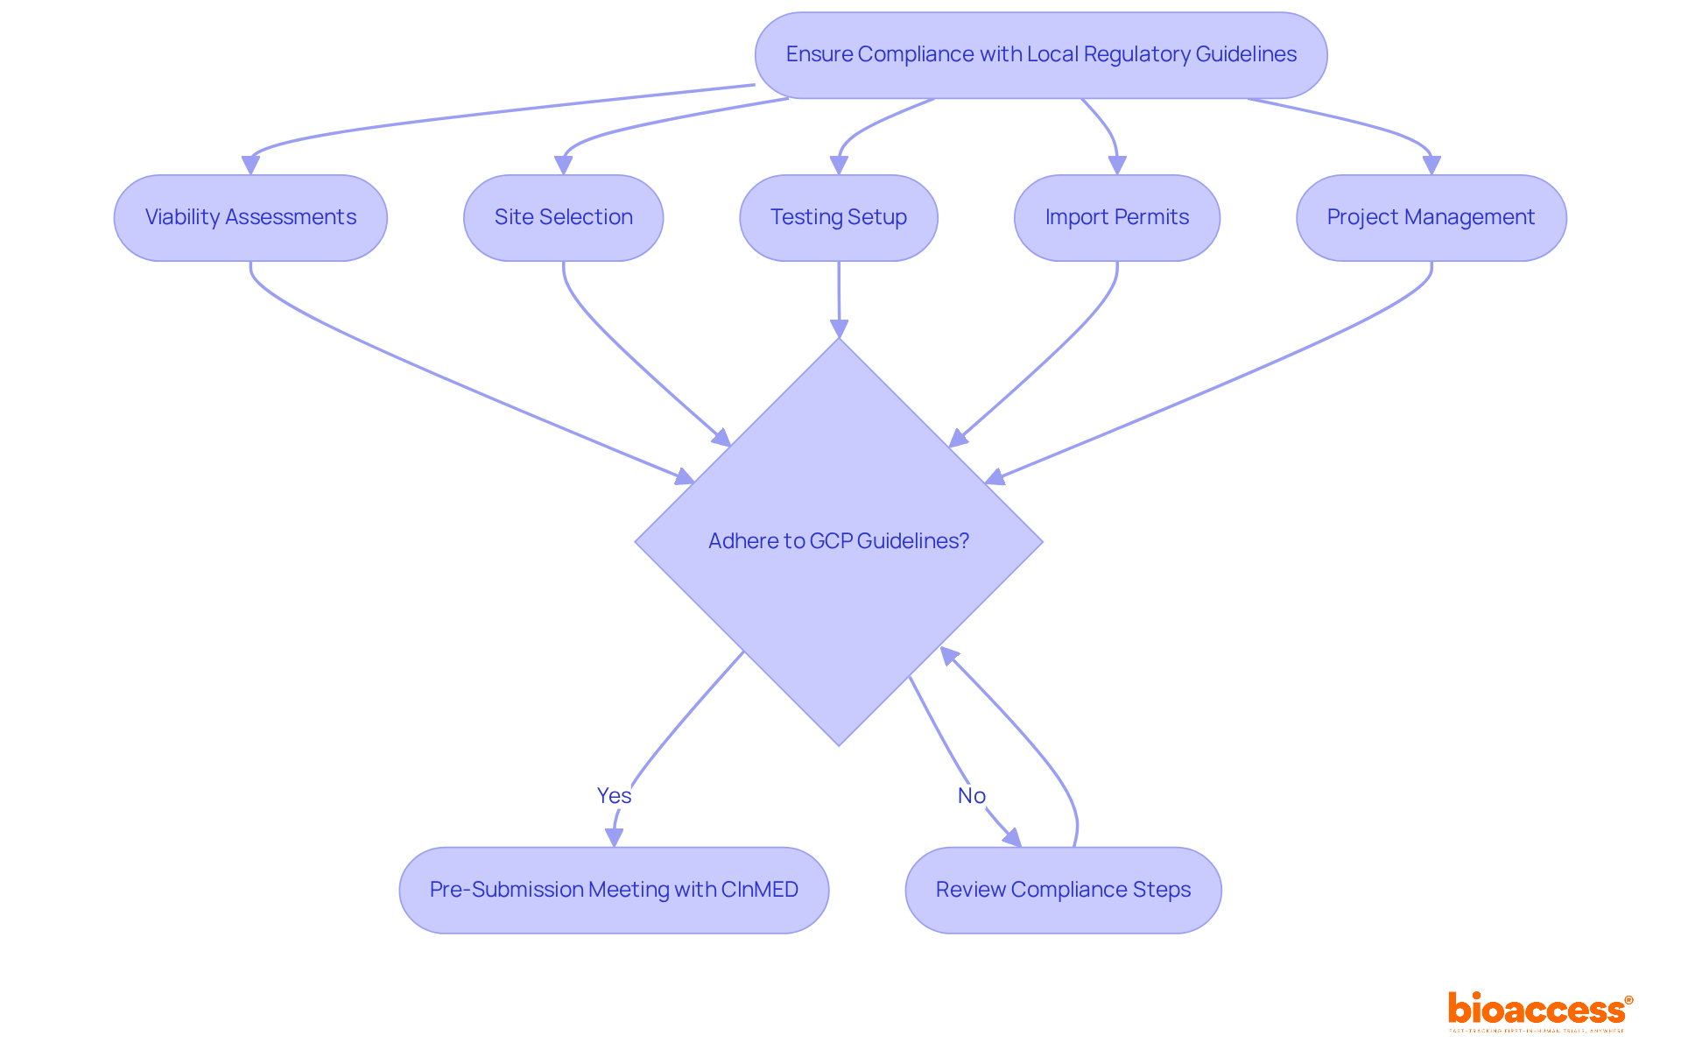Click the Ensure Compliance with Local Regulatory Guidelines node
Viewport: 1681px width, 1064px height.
1040,54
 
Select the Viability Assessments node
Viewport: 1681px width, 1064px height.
250,217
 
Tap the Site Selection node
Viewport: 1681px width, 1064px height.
563,217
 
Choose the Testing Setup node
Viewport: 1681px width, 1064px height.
838,217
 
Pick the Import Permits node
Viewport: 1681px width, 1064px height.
1116,217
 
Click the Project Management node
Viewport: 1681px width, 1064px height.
1431,217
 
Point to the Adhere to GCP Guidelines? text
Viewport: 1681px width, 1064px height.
838,541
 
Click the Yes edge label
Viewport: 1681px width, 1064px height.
614,795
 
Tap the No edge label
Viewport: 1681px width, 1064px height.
971,795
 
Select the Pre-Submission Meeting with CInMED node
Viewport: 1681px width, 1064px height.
613,890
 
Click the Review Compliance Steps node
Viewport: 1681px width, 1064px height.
1063,890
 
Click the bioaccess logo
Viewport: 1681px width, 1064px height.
1539,1011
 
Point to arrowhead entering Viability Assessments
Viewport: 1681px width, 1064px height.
250,165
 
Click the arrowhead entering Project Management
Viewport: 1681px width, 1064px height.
1431,165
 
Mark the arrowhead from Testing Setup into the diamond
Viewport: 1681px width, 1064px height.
839,328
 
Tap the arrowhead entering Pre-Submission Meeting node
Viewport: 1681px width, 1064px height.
614,837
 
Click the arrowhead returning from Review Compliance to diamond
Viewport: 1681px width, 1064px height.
948,656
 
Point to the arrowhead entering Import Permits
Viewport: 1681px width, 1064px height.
1117,165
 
